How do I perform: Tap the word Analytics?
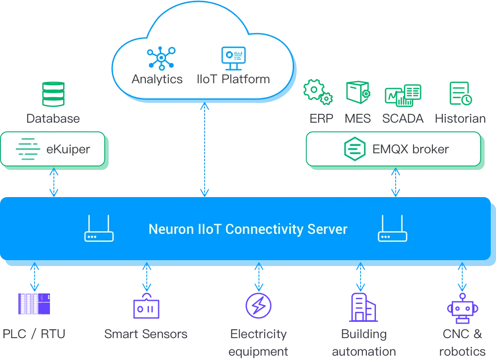157,79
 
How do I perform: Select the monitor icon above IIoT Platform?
233,58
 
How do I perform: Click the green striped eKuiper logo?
28,149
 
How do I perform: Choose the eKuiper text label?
68,149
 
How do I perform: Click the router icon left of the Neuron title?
99,229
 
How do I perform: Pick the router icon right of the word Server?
393,229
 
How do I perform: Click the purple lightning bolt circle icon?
259,306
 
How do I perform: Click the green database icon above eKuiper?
54,94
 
